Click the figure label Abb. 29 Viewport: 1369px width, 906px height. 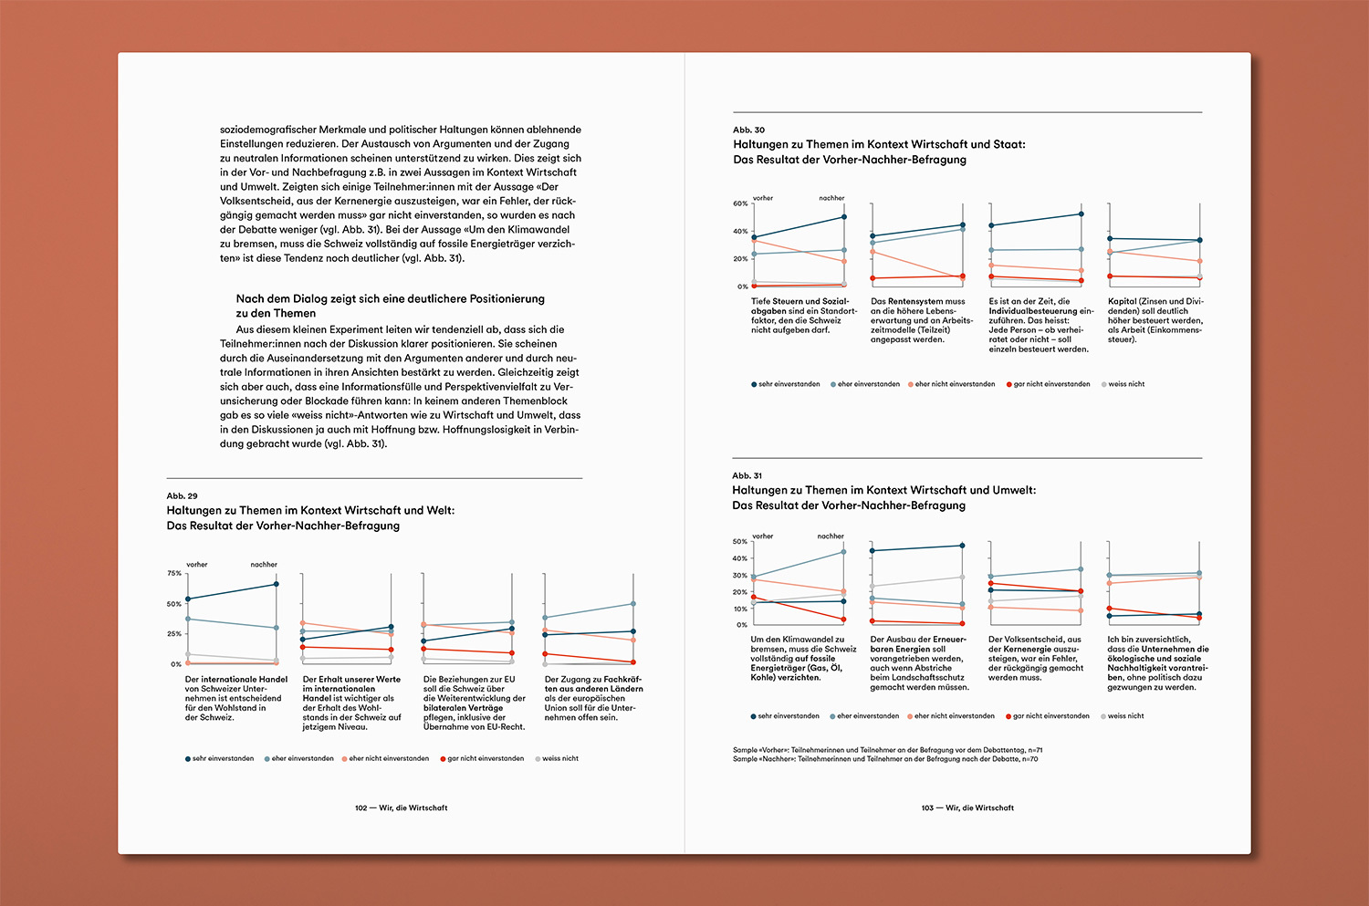182,496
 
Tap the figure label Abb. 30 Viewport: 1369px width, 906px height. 748,130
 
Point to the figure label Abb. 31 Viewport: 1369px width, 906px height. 747,476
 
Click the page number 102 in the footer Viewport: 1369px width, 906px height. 361,808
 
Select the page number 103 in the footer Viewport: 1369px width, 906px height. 927,808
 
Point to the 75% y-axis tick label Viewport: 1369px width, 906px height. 173,573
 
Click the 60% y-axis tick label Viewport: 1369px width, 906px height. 740,203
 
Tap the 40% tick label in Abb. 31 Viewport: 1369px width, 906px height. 739,558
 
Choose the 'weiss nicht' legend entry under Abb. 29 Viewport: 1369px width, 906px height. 559,759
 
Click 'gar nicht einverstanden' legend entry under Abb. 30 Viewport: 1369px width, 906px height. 1051,385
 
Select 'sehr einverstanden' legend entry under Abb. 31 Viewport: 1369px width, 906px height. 789,716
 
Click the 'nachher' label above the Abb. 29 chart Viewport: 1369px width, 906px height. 264,565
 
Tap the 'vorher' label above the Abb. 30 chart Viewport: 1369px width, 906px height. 763,198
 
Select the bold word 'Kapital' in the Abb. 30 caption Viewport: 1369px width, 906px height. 1122,301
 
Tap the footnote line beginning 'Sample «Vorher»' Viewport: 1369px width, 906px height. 887,750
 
